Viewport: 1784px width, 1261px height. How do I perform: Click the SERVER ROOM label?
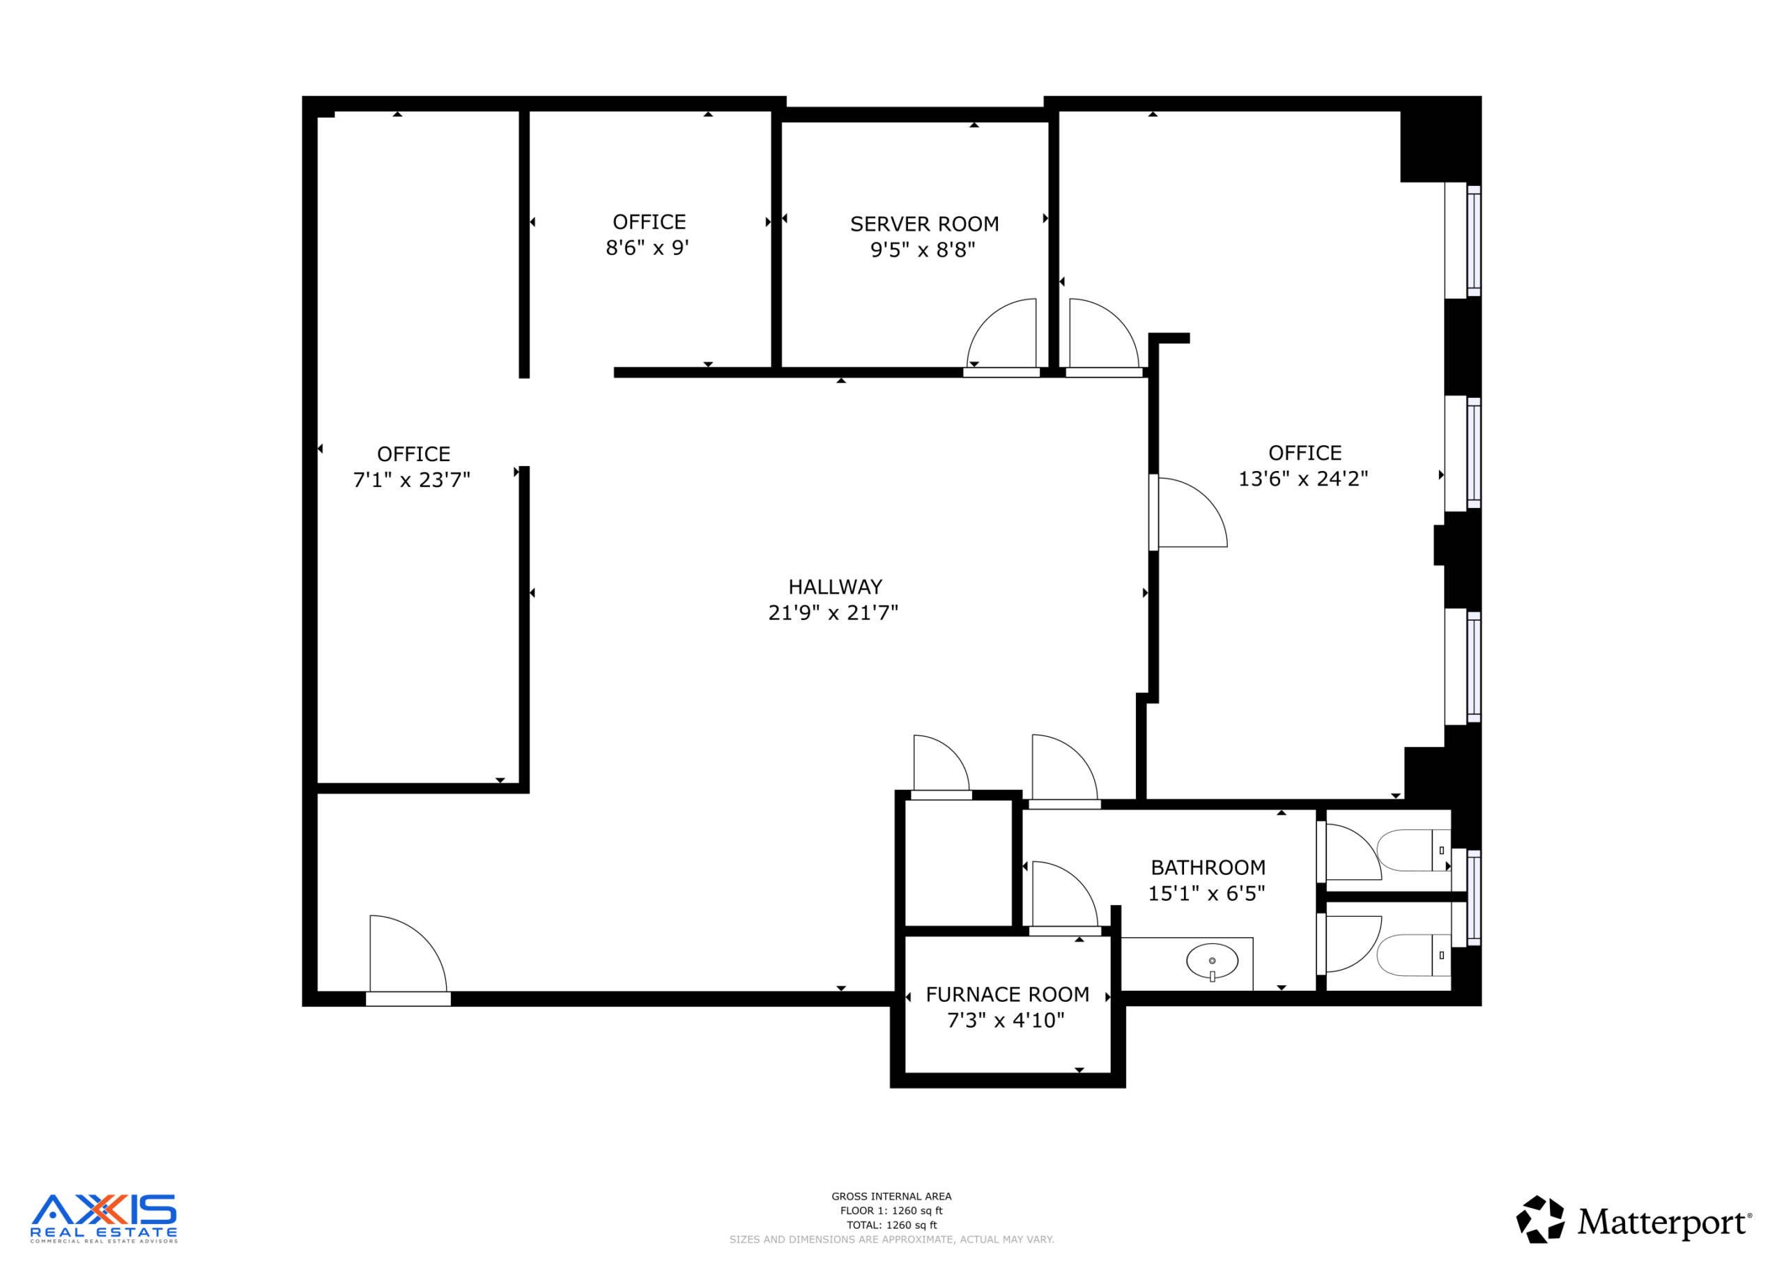[x=925, y=224]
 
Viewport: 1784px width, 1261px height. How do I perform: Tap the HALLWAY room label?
[x=836, y=587]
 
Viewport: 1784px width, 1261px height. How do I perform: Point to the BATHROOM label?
[x=1208, y=867]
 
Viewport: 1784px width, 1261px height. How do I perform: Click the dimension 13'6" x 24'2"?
[x=1303, y=479]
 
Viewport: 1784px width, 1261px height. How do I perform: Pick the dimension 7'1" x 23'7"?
[x=412, y=480]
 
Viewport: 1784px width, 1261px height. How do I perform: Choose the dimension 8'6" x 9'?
[x=647, y=248]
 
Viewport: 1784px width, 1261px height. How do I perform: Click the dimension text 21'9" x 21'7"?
[x=833, y=613]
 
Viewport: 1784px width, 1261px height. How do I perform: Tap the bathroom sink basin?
[x=1212, y=961]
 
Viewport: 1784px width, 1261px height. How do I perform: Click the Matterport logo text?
[x=1663, y=1222]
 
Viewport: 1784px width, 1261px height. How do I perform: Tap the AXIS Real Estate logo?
[x=103, y=1219]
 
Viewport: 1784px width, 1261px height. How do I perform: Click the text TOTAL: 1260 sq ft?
[x=891, y=1225]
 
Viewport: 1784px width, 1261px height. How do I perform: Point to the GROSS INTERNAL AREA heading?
[x=891, y=1196]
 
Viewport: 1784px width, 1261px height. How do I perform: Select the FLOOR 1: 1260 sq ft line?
[x=891, y=1211]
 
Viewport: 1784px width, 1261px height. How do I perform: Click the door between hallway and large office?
[x=1188, y=513]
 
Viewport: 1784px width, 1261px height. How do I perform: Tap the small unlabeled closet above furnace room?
[x=959, y=862]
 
